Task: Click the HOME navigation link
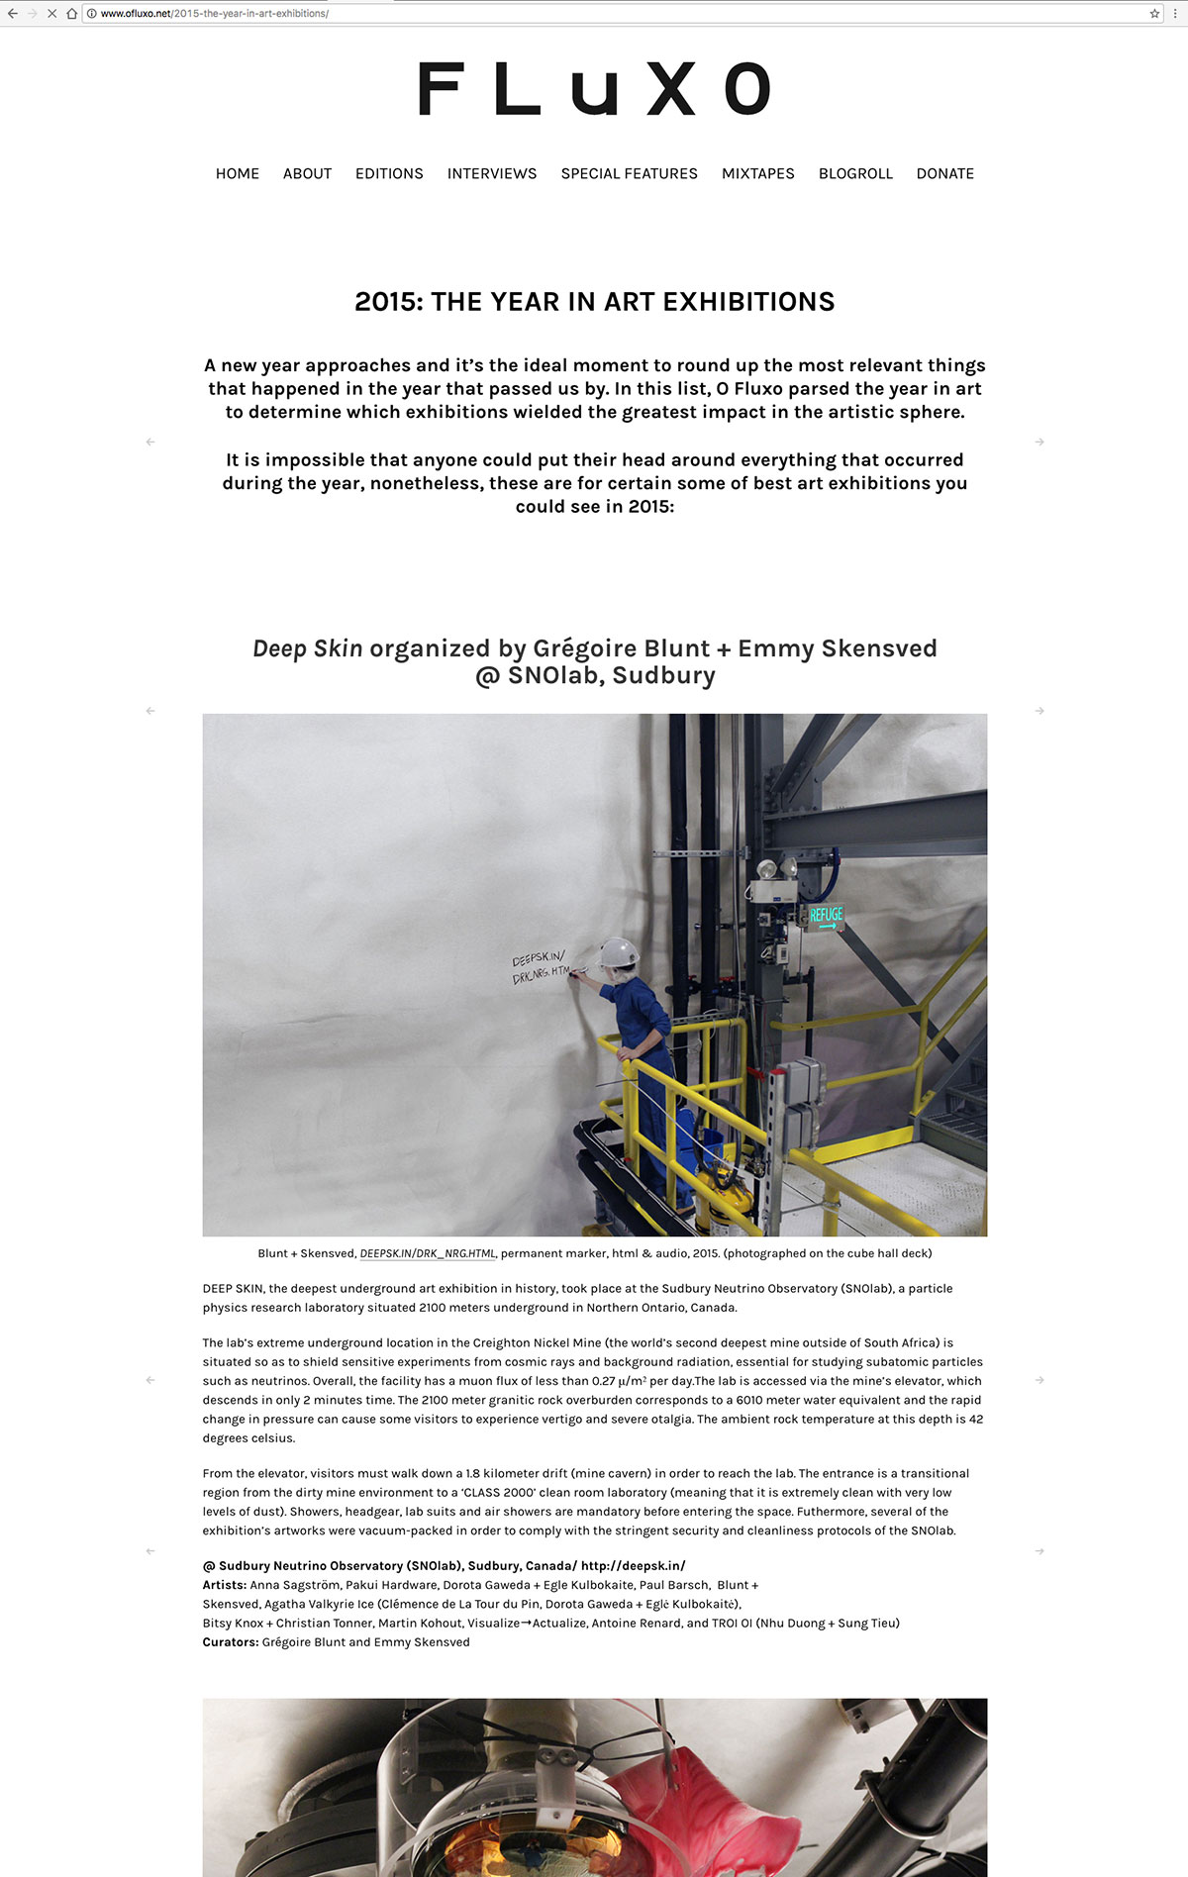click(238, 173)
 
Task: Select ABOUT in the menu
click(307, 173)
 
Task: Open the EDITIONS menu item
click(389, 173)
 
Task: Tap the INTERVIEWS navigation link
click(492, 173)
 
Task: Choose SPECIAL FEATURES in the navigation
click(629, 173)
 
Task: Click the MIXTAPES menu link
click(757, 173)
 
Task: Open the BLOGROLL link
click(855, 173)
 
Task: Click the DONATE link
click(944, 173)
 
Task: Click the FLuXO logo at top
click(594, 88)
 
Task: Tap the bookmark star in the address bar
click(1154, 14)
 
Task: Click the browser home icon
click(72, 14)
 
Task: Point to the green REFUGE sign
click(826, 916)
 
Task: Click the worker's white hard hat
click(619, 951)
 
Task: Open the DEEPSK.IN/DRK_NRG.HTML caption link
click(427, 1253)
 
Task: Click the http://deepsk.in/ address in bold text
click(633, 1565)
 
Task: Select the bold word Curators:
click(231, 1641)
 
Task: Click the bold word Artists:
click(225, 1584)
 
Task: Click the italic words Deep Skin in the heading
click(308, 648)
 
